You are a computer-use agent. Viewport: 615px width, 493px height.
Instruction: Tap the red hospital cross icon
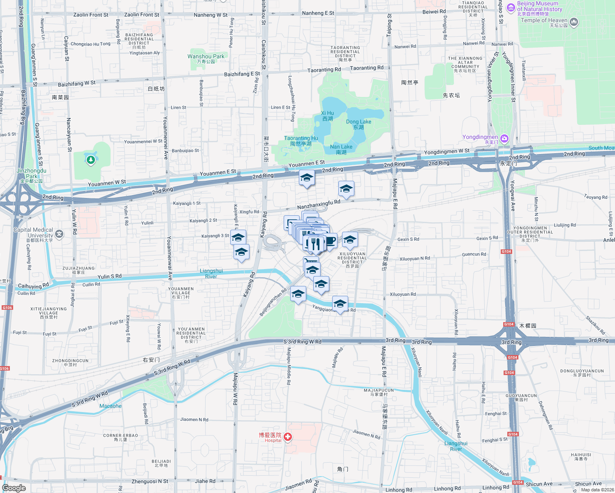288,437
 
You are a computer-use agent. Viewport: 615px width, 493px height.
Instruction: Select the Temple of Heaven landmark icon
574,21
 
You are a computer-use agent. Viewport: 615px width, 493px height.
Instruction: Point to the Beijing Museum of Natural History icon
511,7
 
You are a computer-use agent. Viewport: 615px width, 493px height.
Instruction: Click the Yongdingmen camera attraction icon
504,139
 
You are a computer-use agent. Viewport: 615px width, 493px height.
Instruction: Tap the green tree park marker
91,159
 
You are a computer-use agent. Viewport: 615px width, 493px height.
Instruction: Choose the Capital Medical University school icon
59,234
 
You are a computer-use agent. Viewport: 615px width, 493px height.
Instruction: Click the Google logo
14,488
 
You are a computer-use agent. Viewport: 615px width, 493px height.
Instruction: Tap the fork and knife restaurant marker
315,244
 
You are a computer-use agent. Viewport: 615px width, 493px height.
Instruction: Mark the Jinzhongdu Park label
32,173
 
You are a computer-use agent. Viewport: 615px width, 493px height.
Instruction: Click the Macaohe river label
111,406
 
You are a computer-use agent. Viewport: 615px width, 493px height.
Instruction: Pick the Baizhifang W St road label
76,84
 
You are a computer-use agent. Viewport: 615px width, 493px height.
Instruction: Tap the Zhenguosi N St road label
150,481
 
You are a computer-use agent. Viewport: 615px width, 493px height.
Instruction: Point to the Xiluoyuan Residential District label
352,258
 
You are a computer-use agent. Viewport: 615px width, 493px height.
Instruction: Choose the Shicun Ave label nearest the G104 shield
539,484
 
